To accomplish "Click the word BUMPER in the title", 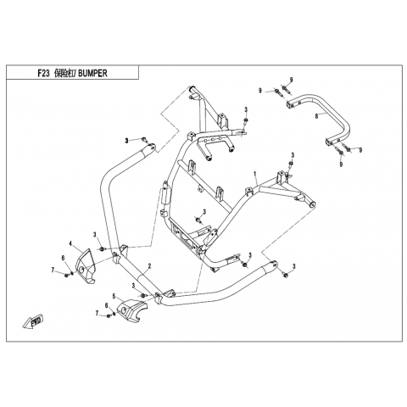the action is (x=92, y=73).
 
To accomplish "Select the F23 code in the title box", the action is (x=44, y=73).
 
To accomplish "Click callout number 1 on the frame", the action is (x=255, y=174).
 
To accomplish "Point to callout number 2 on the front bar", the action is (x=149, y=265).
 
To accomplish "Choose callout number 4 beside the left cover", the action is (x=70, y=243).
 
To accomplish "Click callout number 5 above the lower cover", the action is (x=114, y=296).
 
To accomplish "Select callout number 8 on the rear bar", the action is (x=316, y=115).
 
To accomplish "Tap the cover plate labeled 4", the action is (x=84, y=266).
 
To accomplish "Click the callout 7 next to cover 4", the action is (x=53, y=270).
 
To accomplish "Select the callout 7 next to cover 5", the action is (x=97, y=313).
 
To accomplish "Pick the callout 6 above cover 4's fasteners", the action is (x=64, y=258).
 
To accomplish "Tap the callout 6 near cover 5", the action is (x=107, y=305).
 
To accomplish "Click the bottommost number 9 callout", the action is (x=341, y=164).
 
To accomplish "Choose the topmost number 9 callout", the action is (x=291, y=80).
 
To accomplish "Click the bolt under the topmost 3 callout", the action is (x=245, y=121).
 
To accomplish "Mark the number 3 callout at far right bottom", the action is (x=294, y=266).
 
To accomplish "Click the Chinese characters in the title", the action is (x=64, y=73).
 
